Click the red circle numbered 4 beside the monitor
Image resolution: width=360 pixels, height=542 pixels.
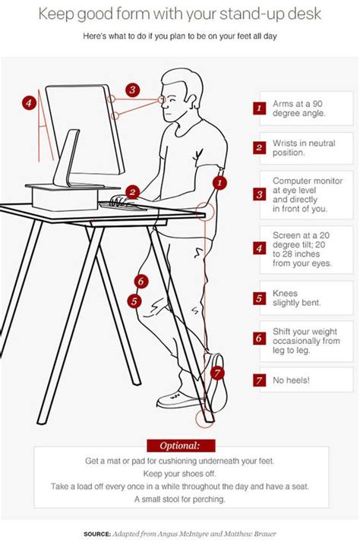(x=28, y=102)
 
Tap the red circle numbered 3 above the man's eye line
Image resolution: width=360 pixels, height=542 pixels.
(x=132, y=90)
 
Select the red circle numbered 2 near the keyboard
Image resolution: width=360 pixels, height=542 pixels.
(x=132, y=192)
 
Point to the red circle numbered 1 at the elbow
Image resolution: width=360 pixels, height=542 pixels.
(x=219, y=183)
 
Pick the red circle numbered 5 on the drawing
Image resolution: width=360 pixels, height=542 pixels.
(x=134, y=301)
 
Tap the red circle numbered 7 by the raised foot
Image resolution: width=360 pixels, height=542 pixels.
(x=218, y=373)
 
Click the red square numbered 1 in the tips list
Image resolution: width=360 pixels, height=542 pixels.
(x=259, y=108)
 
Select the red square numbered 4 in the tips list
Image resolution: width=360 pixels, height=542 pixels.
(x=259, y=247)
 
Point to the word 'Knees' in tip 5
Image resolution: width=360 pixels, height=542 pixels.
(x=286, y=292)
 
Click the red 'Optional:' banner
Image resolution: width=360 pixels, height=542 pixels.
(x=179, y=445)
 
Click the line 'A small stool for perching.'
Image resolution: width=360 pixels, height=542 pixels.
(x=180, y=499)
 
